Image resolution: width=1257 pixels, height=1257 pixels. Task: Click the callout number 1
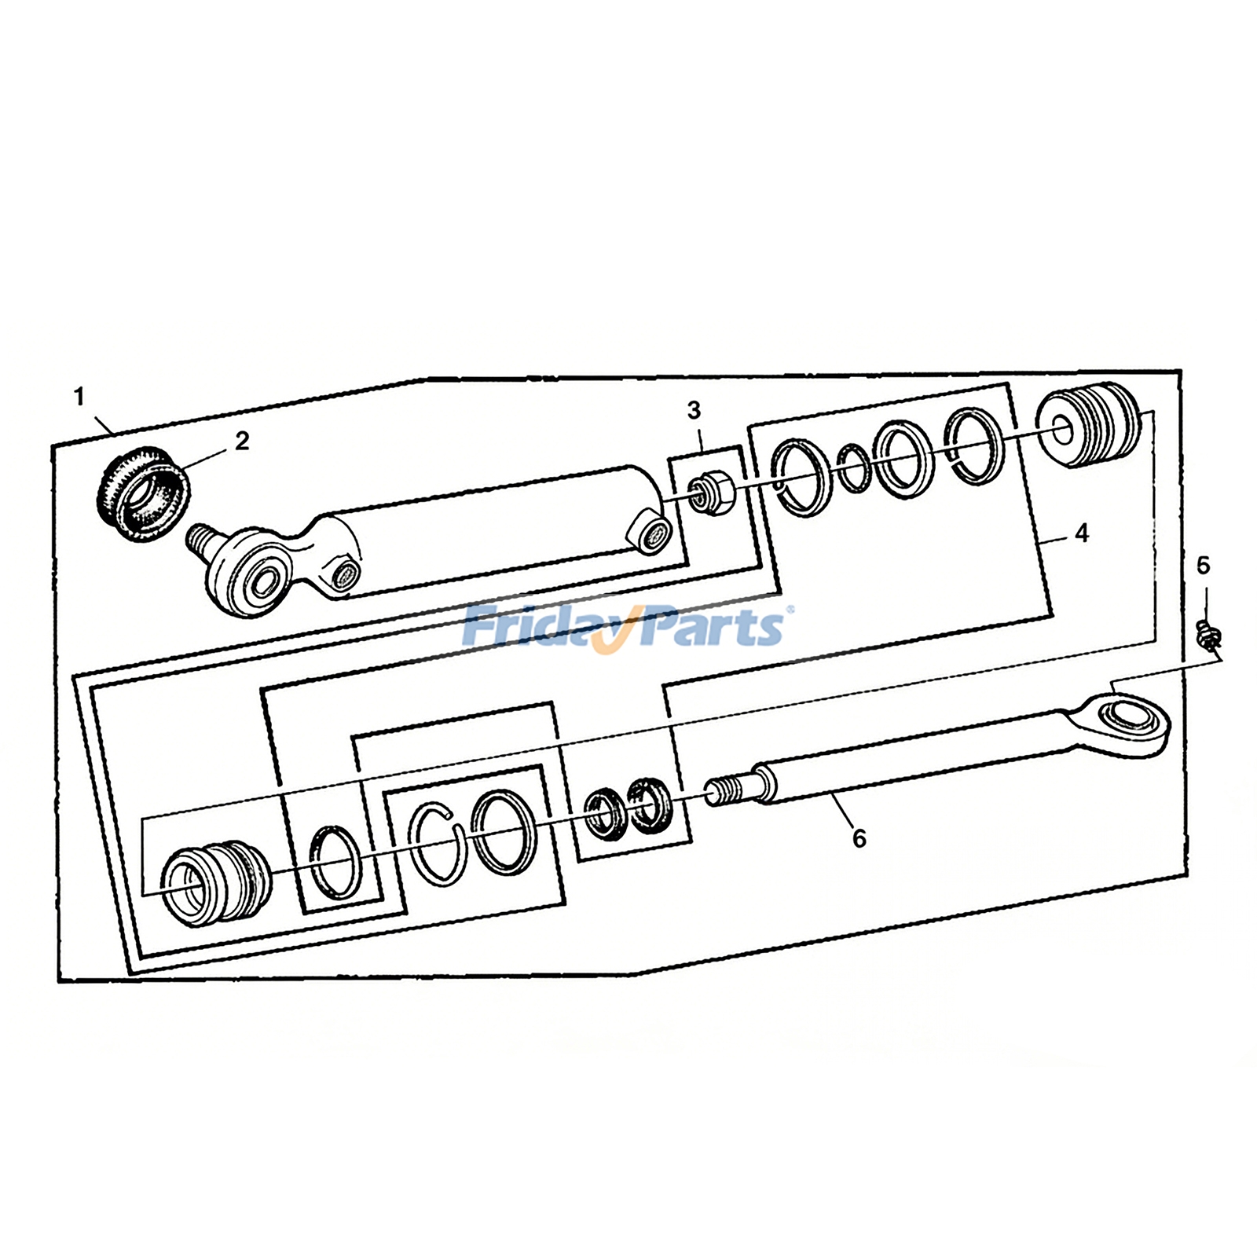coord(79,398)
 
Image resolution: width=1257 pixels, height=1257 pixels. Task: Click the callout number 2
coord(242,441)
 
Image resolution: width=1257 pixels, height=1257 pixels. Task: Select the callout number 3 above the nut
coord(694,410)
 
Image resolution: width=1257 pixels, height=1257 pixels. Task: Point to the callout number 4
coord(1082,533)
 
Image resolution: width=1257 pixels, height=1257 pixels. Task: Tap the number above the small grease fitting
coord(1203,566)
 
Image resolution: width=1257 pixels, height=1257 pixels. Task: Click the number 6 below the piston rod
coord(859,839)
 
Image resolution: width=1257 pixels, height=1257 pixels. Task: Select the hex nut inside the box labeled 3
coord(712,493)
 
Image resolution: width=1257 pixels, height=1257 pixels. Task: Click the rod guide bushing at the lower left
coord(215,883)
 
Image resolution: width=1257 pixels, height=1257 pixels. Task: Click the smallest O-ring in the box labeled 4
coord(852,468)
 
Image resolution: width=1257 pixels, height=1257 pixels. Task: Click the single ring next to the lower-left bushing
coord(335,861)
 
